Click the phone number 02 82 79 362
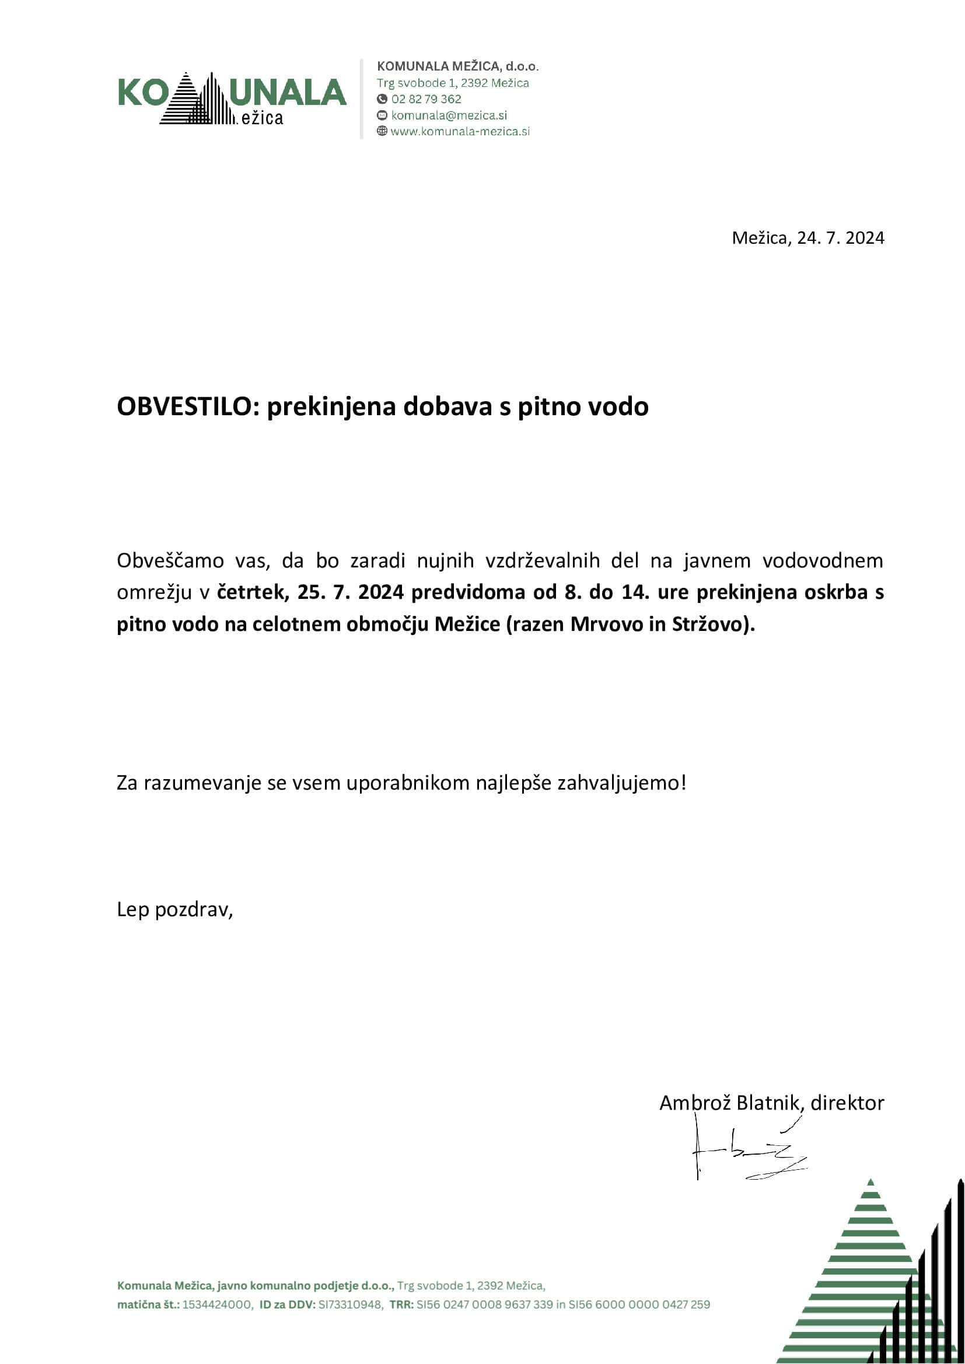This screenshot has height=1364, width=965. (426, 99)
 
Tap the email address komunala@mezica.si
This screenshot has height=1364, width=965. (449, 115)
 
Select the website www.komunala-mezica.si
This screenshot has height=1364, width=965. (460, 131)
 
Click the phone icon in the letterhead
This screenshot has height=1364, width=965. (382, 99)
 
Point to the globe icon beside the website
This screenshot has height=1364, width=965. (382, 131)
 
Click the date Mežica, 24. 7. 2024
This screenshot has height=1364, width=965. (807, 237)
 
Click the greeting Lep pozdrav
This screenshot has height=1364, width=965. (174, 910)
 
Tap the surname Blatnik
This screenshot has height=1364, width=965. (770, 1103)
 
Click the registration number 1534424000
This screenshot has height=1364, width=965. (217, 1305)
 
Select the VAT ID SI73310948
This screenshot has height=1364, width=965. (351, 1305)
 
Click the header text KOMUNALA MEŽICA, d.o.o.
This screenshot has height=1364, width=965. (457, 66)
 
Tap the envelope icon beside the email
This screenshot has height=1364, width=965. (382, 115)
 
